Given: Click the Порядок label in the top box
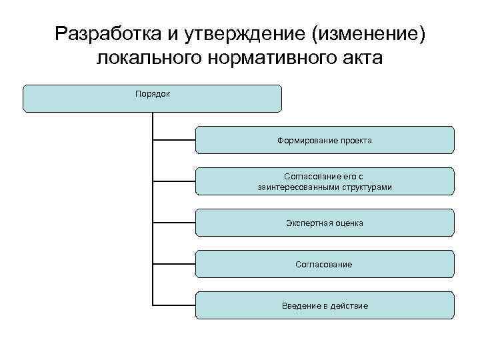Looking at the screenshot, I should coord(153,94).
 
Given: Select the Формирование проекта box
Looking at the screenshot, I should coord(325,140).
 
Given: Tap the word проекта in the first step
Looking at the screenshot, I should coord(353,141).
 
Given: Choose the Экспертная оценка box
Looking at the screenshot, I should coord(325,223).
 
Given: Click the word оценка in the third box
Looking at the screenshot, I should coord(349,223).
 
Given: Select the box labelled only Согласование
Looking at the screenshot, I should coord(325,264).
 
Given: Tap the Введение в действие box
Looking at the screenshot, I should coord(325,305).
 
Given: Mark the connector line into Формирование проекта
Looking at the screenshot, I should coord(174,140).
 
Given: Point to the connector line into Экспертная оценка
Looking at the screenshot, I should coord(174,223).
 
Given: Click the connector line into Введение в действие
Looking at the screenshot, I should coord(174,305).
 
